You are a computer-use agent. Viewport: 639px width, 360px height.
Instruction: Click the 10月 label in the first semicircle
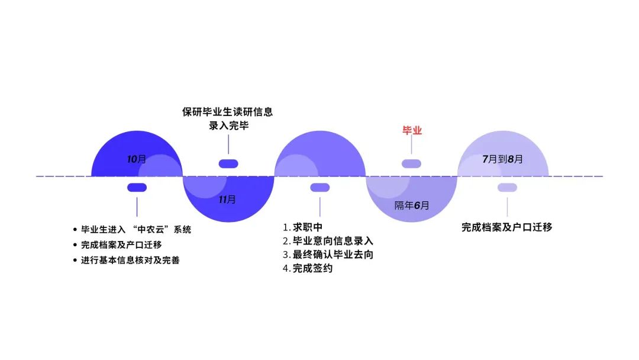pos(137,159)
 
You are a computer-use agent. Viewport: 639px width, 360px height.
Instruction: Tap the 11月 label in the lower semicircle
pos(227,200)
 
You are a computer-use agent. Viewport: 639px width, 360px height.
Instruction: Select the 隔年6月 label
pos(412,205)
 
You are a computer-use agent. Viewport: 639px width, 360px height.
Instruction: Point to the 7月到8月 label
pos(503,159)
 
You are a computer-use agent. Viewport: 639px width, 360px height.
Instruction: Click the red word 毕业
pos(412,131)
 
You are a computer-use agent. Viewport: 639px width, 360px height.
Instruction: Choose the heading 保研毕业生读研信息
pos(228,112)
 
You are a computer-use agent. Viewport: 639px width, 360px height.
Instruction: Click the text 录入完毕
pos(228,126)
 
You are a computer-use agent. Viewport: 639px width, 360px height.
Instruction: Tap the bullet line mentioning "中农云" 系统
pos(136,229)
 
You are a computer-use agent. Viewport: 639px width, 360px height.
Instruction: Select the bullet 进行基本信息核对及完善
pos(130,260)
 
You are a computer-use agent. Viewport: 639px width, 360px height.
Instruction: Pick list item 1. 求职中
pos(302,227)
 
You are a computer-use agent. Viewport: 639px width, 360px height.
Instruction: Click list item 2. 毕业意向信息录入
pos(328,241)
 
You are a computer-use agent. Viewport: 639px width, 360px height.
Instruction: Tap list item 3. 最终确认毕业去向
pos(328,255)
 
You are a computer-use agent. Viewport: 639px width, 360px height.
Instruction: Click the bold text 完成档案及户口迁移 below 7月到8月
pos(506,227)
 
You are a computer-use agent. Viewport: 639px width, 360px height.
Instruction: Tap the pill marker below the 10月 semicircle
pos(137,188)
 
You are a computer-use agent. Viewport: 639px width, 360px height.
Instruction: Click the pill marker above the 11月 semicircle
pos(228,164)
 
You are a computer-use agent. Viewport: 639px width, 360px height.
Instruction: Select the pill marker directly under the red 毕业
pos(411,164)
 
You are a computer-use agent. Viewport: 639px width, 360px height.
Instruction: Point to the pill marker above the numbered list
pos(319,188)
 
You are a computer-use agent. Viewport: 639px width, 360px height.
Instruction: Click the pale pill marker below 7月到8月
pos(507,188)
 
